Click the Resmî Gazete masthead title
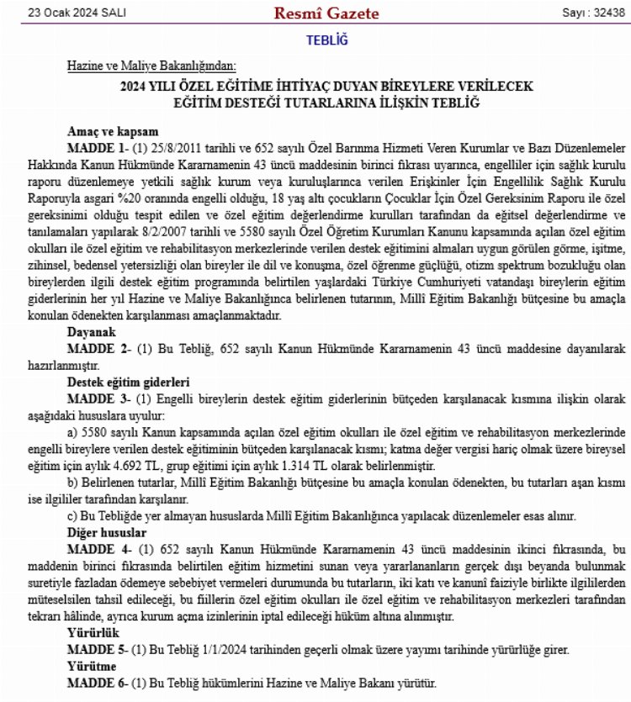pos(326,13)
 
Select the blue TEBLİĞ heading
pos(326,40)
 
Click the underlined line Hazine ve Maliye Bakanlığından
pos(152,66)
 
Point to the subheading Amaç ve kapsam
pos(112,132)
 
